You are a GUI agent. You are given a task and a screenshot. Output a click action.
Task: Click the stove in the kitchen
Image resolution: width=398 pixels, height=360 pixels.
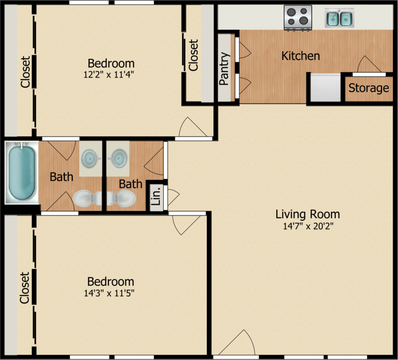[298, 18]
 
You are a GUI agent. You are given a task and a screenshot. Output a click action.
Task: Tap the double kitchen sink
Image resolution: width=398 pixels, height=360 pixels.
[340, 18]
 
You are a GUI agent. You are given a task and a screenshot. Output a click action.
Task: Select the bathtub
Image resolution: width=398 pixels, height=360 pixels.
[22, 172]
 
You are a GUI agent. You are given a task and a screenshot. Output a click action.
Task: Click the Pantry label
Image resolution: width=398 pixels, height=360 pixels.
[224, 69]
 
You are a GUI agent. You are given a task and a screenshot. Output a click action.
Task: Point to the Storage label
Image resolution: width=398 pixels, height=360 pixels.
[368, 88]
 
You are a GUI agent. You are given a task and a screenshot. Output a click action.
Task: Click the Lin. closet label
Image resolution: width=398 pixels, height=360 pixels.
[157, 196]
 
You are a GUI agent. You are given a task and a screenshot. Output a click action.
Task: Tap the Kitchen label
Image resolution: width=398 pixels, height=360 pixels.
[300, 56]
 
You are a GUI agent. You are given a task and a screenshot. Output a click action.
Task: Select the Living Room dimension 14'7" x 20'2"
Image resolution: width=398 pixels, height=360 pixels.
[308, 226]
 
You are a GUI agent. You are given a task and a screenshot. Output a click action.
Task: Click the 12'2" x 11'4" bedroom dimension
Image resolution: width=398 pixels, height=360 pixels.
[109, 74]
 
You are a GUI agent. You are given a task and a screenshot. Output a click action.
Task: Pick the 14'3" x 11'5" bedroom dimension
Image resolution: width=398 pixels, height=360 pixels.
[109, 293]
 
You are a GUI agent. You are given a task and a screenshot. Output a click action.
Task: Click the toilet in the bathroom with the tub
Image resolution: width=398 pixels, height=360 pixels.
[87, 198]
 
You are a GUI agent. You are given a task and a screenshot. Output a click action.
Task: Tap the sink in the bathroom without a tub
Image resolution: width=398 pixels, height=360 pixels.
[118, 159]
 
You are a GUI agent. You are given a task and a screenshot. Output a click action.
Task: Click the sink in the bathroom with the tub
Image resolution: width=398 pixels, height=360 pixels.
[90, 159]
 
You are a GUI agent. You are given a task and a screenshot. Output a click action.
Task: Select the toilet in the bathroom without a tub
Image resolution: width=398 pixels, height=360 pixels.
[121, 198]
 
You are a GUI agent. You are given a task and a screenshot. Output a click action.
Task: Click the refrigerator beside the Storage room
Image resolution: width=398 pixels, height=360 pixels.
[326, 88]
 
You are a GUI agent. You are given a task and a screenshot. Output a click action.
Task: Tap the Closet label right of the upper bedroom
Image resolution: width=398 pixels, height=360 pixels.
[193, 55]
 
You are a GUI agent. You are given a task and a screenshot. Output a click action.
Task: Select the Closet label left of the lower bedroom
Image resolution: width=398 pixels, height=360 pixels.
[25, 288]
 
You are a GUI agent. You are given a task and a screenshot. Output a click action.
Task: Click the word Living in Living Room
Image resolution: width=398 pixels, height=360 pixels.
[291, 214]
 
